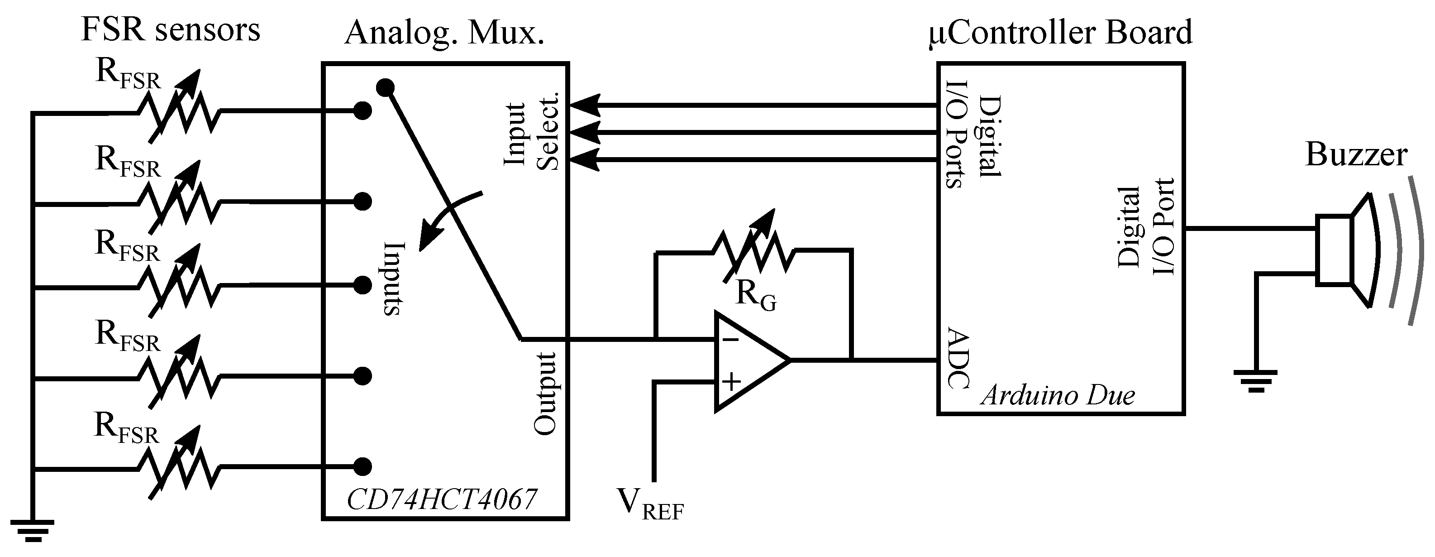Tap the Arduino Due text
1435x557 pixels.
[x=1057, y=396]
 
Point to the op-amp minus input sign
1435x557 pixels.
[x=730, y=340]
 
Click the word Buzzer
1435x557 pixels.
[x=1356, y=154]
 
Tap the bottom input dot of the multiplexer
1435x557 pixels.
[x=362, y=466]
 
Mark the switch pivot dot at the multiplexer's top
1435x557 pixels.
[x=385, y=87]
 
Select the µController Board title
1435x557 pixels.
[x=1061, y=32]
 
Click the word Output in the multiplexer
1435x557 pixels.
[x=546, y=393]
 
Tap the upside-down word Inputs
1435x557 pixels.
[x=393, y=279]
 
